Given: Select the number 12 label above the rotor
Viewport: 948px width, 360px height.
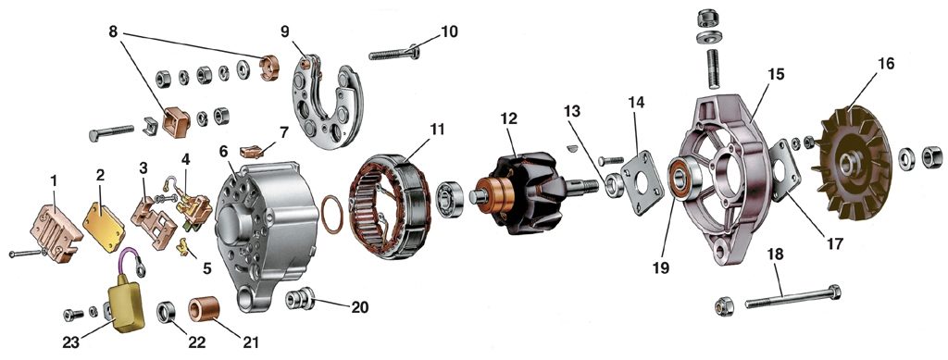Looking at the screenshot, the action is click(x=509, y=118).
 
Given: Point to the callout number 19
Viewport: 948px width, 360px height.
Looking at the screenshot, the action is click(x=661, y=267).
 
